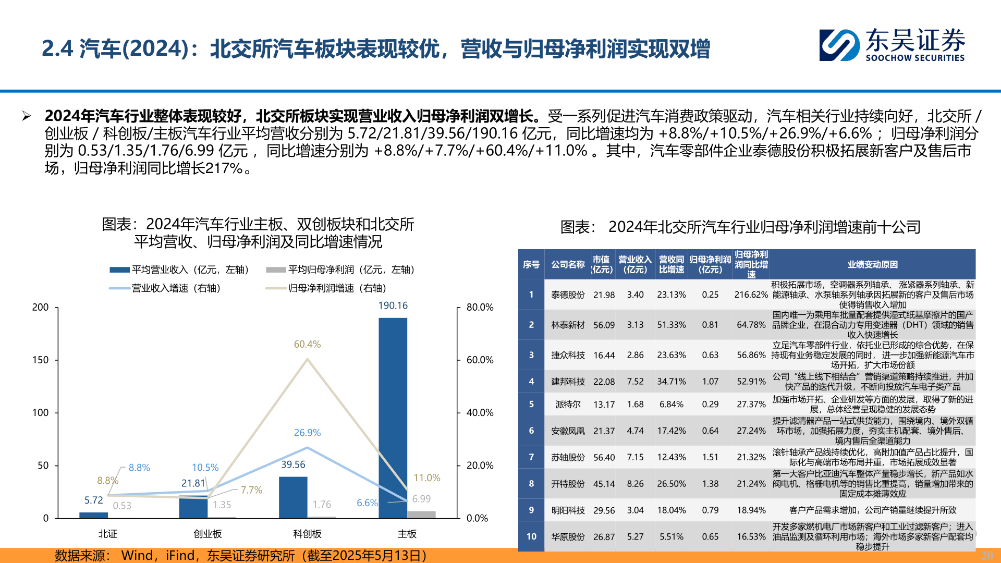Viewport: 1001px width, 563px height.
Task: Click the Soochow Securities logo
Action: pyautogui.click(x=892, y=45)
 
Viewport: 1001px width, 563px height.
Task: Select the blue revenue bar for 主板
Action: pyautogui.click(x=393, y=417)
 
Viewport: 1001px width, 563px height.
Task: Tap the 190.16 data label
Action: pyautogui.click(x=393, y=305)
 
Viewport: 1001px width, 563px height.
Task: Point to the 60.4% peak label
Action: pyautogui.click(x=307, y=344)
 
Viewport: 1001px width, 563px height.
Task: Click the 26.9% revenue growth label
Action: pyautogui.click(x=307, y=433)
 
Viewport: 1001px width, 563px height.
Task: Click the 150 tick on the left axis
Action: pyautogui.click(x=40, y=360)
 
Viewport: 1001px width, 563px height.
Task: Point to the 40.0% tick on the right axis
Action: pyautogui.click(x=480, y=412)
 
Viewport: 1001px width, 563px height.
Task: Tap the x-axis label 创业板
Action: pyautogui.click(x=207, y=534)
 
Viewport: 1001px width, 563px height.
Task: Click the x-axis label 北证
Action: pyautogui.click(x=108, y=534)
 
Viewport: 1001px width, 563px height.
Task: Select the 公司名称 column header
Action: pyautogui.click(x=568, y=264)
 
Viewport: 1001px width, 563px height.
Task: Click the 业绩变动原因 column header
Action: pyautogui.click(x=872, y=264)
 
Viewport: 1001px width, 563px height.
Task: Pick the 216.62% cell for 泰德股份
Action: pyautogui.click(x=751, y=295)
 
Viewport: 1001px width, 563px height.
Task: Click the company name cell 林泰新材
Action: pyautogui.click(x=568, y=325)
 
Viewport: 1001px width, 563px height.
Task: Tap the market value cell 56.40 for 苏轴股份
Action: pyautogui.click(x=604, y=457)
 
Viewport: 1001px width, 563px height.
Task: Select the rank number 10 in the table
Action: pyautogui.click(x=531, y=536)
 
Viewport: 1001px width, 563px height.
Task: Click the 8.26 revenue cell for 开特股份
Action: pyautogui.click(x=635, y=484)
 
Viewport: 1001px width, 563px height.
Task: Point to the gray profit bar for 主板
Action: pyautogui.click(x=421, y=515)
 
